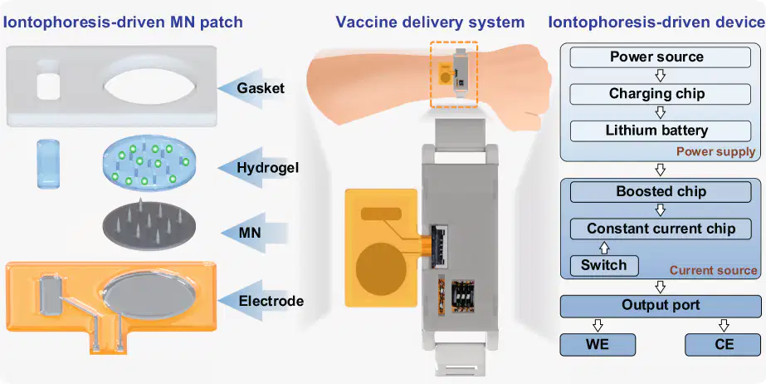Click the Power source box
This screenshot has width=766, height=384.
[660, 57]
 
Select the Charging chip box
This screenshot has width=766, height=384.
[660, 94]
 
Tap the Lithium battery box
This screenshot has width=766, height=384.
[660, 131]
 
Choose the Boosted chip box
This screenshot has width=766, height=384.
[661, 192]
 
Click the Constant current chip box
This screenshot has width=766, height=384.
[661, 229]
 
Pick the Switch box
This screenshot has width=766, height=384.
[604, 266]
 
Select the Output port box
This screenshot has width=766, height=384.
[661, 306]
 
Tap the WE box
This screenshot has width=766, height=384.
[598, 345]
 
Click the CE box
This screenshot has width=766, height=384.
[724, 345]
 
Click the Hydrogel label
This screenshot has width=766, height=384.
[268, 168]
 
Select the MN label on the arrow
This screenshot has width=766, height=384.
[250, 233]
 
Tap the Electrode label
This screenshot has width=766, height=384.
[271, 301]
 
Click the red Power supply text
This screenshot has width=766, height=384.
[715, 152]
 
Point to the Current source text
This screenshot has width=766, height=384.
[713, 270]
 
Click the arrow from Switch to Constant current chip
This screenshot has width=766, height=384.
[604, 247]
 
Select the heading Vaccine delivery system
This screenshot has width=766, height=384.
[430, 22]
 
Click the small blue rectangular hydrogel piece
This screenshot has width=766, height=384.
[48, 164]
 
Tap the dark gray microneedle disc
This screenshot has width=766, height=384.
[149, 225]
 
